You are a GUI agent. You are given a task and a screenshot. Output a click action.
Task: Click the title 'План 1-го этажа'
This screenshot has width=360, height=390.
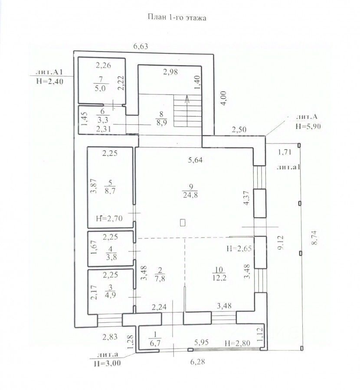(x=177, y=18)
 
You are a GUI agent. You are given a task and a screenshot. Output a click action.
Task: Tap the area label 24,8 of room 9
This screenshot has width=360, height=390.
(x=190, y=195)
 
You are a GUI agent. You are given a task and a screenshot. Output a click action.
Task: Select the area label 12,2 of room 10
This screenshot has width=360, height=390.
(x=219, y=278)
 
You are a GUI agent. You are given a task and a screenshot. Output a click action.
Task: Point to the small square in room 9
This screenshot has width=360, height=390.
(x=183, y=222)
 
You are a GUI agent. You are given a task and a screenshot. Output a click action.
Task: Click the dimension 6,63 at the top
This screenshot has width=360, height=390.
(x=141, y=46)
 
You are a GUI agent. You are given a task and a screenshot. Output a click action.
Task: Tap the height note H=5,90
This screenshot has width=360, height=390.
(x=308, y=127)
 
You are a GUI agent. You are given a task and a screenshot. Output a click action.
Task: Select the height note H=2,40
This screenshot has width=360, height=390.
(x=50, y=81)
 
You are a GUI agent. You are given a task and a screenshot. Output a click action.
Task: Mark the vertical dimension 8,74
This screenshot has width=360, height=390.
(x=315, y=238)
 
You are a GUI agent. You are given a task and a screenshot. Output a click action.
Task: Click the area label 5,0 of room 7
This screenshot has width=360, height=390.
(x=100, y=88)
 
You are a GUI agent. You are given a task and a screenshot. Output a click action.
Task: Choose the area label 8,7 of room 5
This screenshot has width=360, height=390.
(x=110, y=191)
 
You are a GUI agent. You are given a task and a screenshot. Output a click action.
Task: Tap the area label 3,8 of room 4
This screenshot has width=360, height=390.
(x=111, y=257)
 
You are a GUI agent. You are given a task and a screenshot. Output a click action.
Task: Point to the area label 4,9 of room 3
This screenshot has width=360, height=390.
(x=111, y=295)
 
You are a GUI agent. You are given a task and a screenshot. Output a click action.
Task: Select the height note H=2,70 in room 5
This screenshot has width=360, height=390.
(x=109, y=219)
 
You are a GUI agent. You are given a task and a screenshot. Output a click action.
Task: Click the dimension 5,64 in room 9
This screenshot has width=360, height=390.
(x=195, y=160)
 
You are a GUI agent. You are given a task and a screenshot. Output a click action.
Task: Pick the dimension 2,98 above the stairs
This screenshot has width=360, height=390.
(x=170, y=72)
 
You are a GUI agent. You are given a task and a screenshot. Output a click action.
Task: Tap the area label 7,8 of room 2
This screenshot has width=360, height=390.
(x=160, y=278)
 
